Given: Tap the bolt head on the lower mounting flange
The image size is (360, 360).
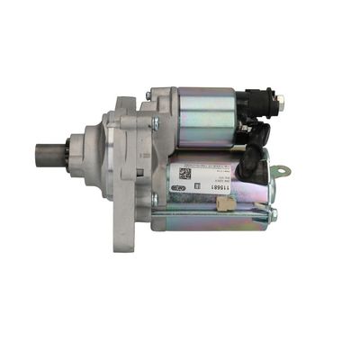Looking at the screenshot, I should [154, 200].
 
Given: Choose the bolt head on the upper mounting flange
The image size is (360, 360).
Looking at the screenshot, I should [154, 122].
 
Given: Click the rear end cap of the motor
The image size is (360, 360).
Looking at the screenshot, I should [270, 189].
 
